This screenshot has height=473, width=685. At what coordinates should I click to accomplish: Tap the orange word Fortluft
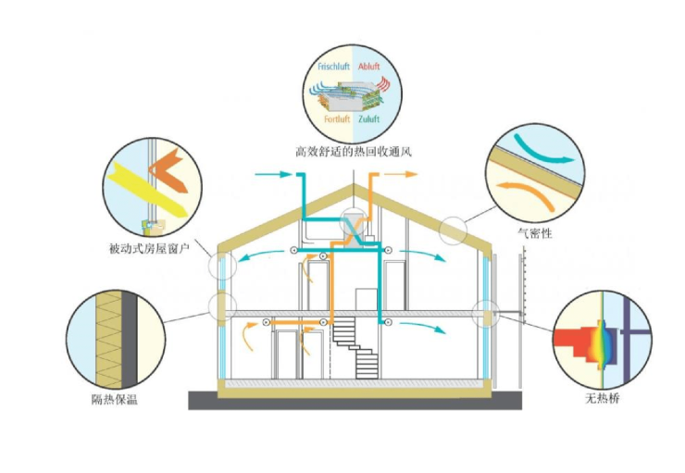coord(337,119)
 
